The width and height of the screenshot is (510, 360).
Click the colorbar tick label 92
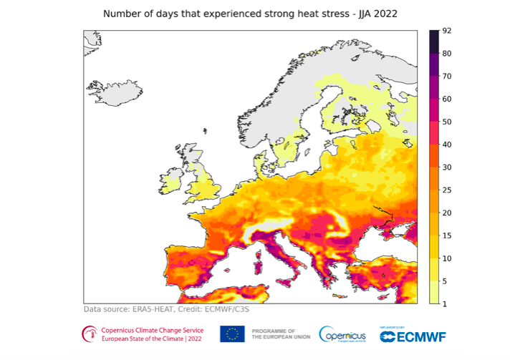(x=446, y=31)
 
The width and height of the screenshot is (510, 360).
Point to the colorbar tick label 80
(x=446, y=54)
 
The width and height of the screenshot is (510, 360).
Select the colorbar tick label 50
(x=446, y=122)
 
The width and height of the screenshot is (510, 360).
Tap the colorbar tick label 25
(x=446, y=190)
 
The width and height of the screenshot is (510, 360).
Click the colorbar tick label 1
(x=443, y=303)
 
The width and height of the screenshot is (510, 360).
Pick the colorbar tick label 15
(x=446, y=235)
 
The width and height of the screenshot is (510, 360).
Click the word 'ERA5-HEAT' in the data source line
(x=155, y=309)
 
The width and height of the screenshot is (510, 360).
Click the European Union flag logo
(x=233, y=334)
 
